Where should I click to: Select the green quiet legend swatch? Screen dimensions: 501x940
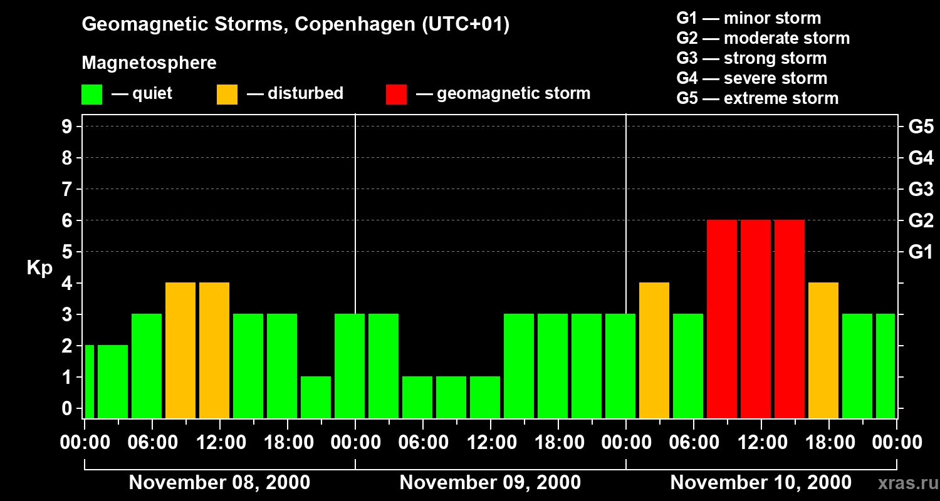click(x=91, y=95)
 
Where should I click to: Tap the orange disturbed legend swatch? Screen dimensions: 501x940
click(x=227, y=95)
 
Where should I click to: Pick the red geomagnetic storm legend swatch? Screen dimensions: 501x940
click(x=396, y=95)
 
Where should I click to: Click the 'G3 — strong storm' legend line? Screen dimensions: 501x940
click(x=751, y=58)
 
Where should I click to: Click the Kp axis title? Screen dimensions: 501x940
click(x=39, y=268)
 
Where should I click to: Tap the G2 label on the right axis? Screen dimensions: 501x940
click(x=921, y=220)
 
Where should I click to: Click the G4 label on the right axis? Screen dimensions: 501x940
click(x=921, y=158)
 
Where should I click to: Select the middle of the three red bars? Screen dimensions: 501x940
click(x=755, y=319)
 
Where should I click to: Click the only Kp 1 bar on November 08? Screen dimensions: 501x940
click(x=316, y=397)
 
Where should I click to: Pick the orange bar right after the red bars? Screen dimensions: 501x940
click(x=823, y=350)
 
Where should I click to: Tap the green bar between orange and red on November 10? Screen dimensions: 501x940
click(x=687, y=366)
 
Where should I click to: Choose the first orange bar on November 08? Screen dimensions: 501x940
click(x=180, y=350)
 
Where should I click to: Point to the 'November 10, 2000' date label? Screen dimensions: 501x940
click(x=761, y=483)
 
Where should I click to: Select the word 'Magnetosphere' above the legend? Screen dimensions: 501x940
click(x=149, y=63)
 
